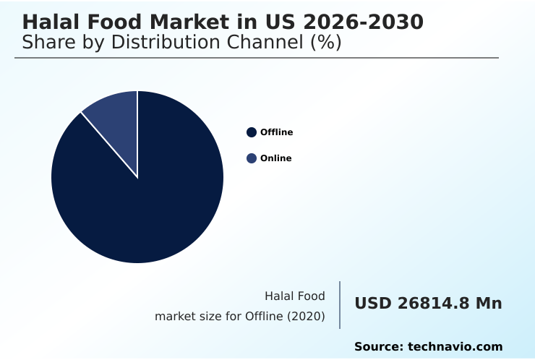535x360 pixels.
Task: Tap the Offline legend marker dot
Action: [x=252, y=132]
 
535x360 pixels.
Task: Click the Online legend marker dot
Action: [x=252, y=158]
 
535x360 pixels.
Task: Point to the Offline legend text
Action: [x=276, y=132]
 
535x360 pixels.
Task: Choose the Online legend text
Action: [x=275, y=158]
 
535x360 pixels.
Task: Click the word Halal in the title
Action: [x=49, y=22]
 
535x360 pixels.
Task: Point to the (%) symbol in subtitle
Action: [x=325, y=42]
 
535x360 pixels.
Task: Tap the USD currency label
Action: [x=373, y=304]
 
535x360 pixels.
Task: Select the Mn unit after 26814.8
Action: [x=488, y=304]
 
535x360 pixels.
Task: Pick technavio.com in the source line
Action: [x=455, y=347]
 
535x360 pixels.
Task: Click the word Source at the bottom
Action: [x=378, y=347]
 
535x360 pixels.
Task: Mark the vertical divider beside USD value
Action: [x=340, y=305]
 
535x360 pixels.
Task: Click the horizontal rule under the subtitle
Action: [x=257, y=58]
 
